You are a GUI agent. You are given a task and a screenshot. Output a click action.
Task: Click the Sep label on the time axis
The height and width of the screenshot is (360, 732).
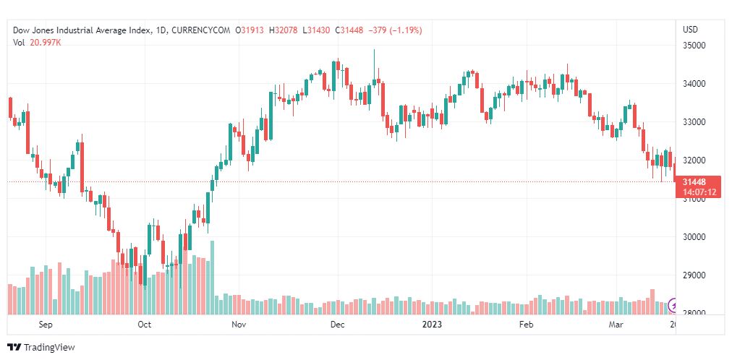click(x=46, y=325)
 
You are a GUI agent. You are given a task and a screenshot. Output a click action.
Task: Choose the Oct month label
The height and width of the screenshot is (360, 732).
click(x=144, y=325)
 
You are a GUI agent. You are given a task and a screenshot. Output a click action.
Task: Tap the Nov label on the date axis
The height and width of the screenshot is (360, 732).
click(x=239, y=325)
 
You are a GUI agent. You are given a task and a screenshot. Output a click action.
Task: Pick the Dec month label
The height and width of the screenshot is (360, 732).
click(x=336, y=325)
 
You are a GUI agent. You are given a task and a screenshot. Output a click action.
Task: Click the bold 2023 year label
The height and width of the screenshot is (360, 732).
click(x=431, y=325)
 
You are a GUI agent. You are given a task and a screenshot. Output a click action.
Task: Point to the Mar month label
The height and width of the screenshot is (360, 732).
click(x=616, y=325)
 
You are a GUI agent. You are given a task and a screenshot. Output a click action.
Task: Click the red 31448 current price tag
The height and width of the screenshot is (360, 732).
click(x=694, y=182)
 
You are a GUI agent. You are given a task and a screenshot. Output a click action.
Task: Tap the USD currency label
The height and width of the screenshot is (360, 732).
click(x=690, y=30)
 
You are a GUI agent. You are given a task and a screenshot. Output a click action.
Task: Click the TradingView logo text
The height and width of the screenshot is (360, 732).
click(x=48, y=348)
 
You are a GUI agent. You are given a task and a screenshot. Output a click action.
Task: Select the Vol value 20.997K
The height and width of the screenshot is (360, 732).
click(x=46, y=43)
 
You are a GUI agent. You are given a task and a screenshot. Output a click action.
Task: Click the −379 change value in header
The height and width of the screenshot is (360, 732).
click(x=378, y=30)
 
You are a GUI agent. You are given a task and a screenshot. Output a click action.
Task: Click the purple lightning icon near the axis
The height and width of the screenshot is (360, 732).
click(x=674, y=304)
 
